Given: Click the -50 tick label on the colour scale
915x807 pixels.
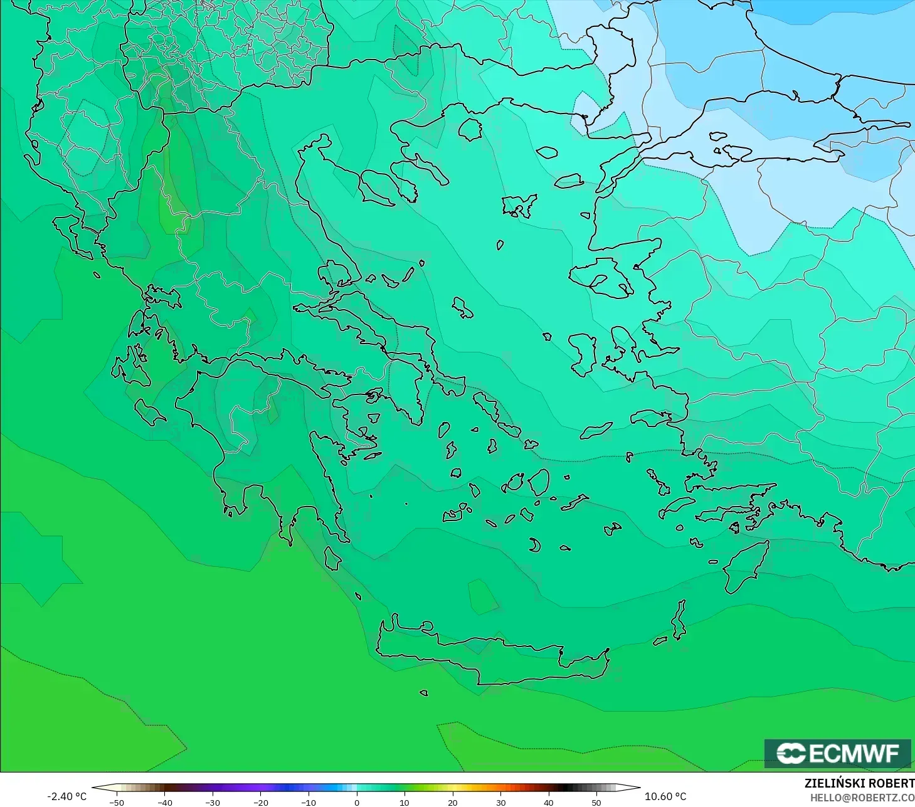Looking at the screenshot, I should click(x=117, y=802).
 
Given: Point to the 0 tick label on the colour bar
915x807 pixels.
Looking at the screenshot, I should click(x=357, y=802).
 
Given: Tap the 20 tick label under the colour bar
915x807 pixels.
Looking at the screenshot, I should click(x=453, y=802).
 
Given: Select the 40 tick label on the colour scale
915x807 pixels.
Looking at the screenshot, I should click(x=549, y=802).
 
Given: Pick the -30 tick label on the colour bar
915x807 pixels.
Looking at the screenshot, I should click(x=213, y=802).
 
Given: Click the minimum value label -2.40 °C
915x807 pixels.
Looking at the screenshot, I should click(x=67, y=796).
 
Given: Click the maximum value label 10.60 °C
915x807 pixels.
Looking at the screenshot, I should click(x=666, y=796).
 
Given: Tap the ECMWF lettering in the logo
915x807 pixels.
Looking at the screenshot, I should click(x=854, y=753).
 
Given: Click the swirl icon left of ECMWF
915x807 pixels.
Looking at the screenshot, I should click(x=791, y=753).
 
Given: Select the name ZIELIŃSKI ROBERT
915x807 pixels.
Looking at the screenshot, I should click(x=859, y=784).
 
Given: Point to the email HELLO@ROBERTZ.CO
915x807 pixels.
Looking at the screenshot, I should click(x=862, y=798).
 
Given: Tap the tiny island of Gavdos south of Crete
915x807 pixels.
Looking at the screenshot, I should click(x=424, y=693).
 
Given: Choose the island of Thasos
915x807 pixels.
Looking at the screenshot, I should click(x=470, y=129).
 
